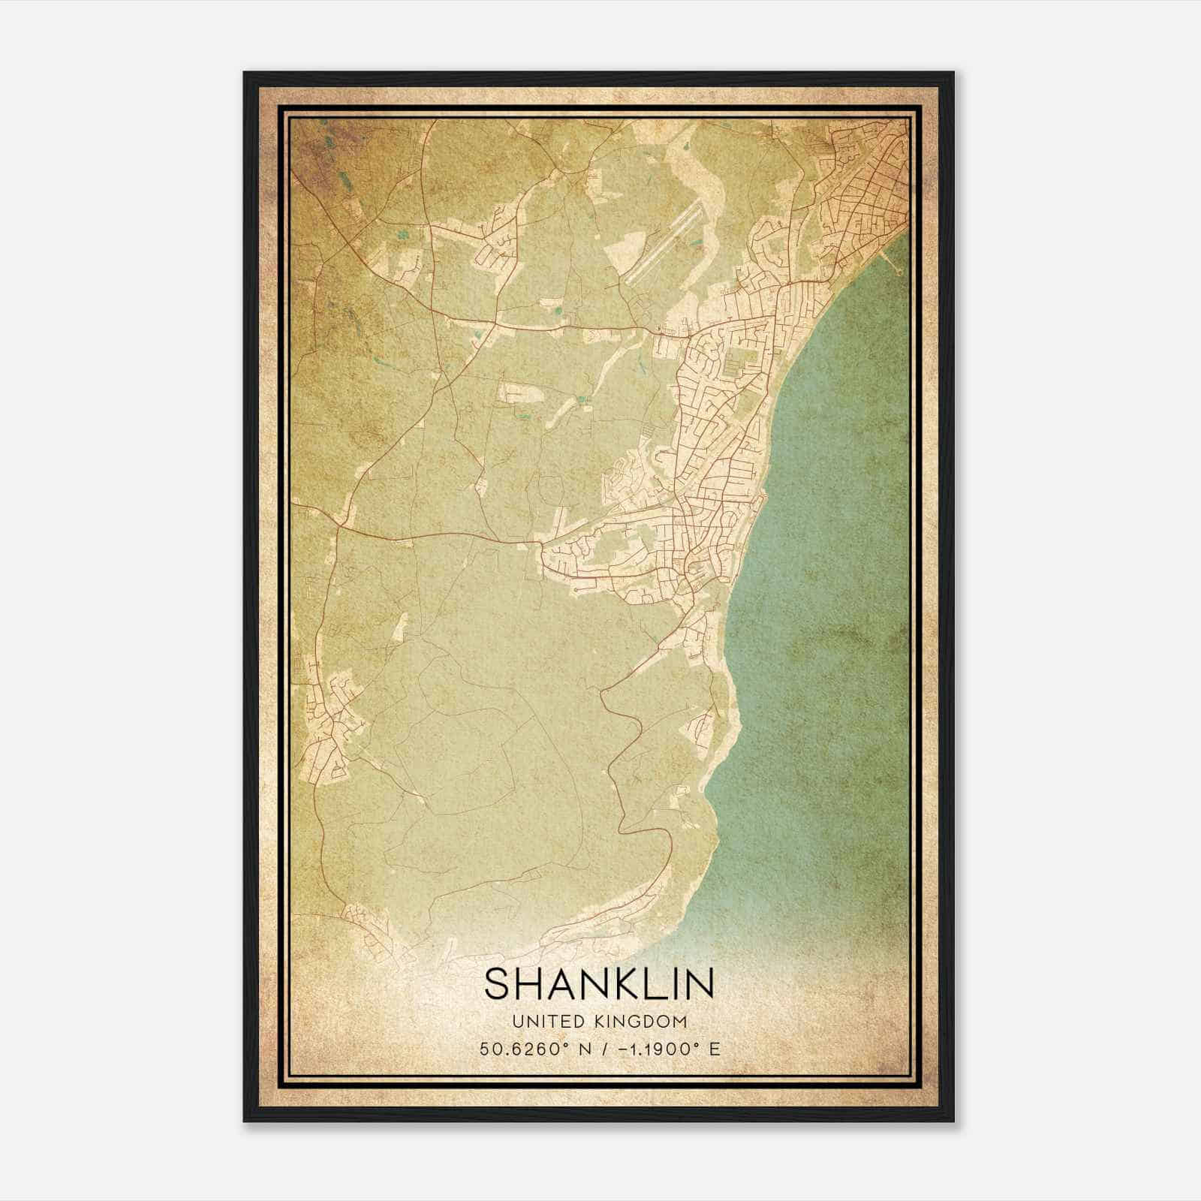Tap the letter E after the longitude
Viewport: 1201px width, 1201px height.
click(715, 1049)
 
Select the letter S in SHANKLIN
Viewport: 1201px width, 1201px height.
click(498, 983)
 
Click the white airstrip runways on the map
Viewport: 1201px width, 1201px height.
click(664, 245)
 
